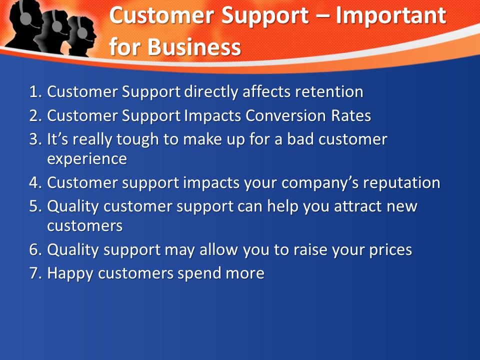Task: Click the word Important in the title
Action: coord(391,15)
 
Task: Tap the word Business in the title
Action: coord(194,47)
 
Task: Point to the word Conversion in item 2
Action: coord(285,115)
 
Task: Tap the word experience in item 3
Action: coord(87,159)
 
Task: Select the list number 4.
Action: coord(35,183)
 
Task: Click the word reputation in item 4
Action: coord(401,183)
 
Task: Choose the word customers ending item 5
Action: coord(85,226)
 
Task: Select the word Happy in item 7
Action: coord(70,273)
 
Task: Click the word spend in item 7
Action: coord(199,273)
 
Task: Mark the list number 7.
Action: coord(35,273)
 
